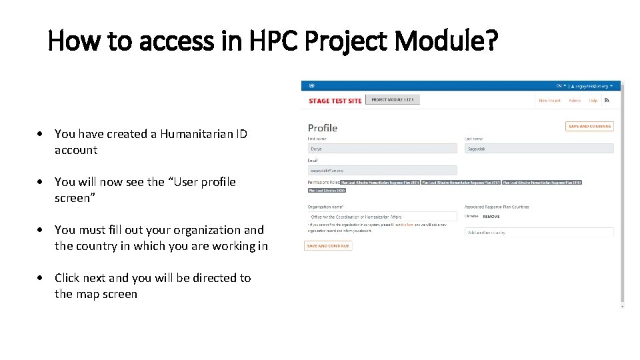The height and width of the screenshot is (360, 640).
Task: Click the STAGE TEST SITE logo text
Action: click(335, 101)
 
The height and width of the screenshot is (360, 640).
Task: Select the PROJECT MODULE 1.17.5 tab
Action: click(393, 100)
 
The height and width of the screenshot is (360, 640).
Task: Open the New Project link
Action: click(549, 101)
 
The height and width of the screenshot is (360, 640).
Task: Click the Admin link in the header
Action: click(574, 101)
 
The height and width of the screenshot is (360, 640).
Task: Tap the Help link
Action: click(593, 101)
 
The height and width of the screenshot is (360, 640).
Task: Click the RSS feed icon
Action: click(607, 101)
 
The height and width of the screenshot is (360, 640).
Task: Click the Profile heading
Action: click(323, 127)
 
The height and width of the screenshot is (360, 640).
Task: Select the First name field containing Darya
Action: click(382, 149)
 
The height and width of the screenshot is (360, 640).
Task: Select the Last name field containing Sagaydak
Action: click(539, 149)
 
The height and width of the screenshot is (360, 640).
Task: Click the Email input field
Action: click(382, 171)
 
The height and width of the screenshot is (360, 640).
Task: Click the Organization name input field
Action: click(382, 217)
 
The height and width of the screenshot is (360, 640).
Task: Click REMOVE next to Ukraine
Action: click(491, 217)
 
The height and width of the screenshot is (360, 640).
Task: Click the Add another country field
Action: click(539, 233)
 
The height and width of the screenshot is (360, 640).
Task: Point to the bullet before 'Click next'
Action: click(41, 278)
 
